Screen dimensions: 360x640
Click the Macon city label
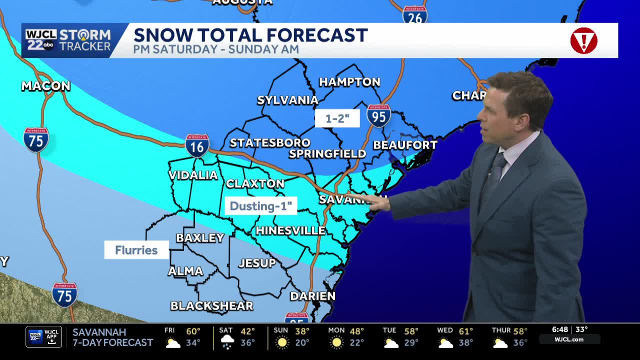pos(45,86)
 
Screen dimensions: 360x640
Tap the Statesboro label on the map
pos(270,143)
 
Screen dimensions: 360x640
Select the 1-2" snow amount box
pos(337,118)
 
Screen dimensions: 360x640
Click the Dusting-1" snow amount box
pos(260,206)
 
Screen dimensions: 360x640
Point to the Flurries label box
pos(136,250)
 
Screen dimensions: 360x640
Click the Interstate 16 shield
pos(197,146)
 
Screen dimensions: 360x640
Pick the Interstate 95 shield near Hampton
pos(378,115)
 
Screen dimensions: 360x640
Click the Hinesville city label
pos(290,230)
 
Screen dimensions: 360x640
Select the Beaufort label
pos(405,145)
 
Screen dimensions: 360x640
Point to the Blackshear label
pos(211,305)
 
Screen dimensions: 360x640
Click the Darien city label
pos(312,296)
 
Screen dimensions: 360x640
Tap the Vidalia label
pos(193,175)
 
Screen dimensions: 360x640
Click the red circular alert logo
pos(583,40)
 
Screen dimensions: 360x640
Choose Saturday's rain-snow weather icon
pos(227,342)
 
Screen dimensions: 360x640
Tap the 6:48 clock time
pos(560,329)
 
